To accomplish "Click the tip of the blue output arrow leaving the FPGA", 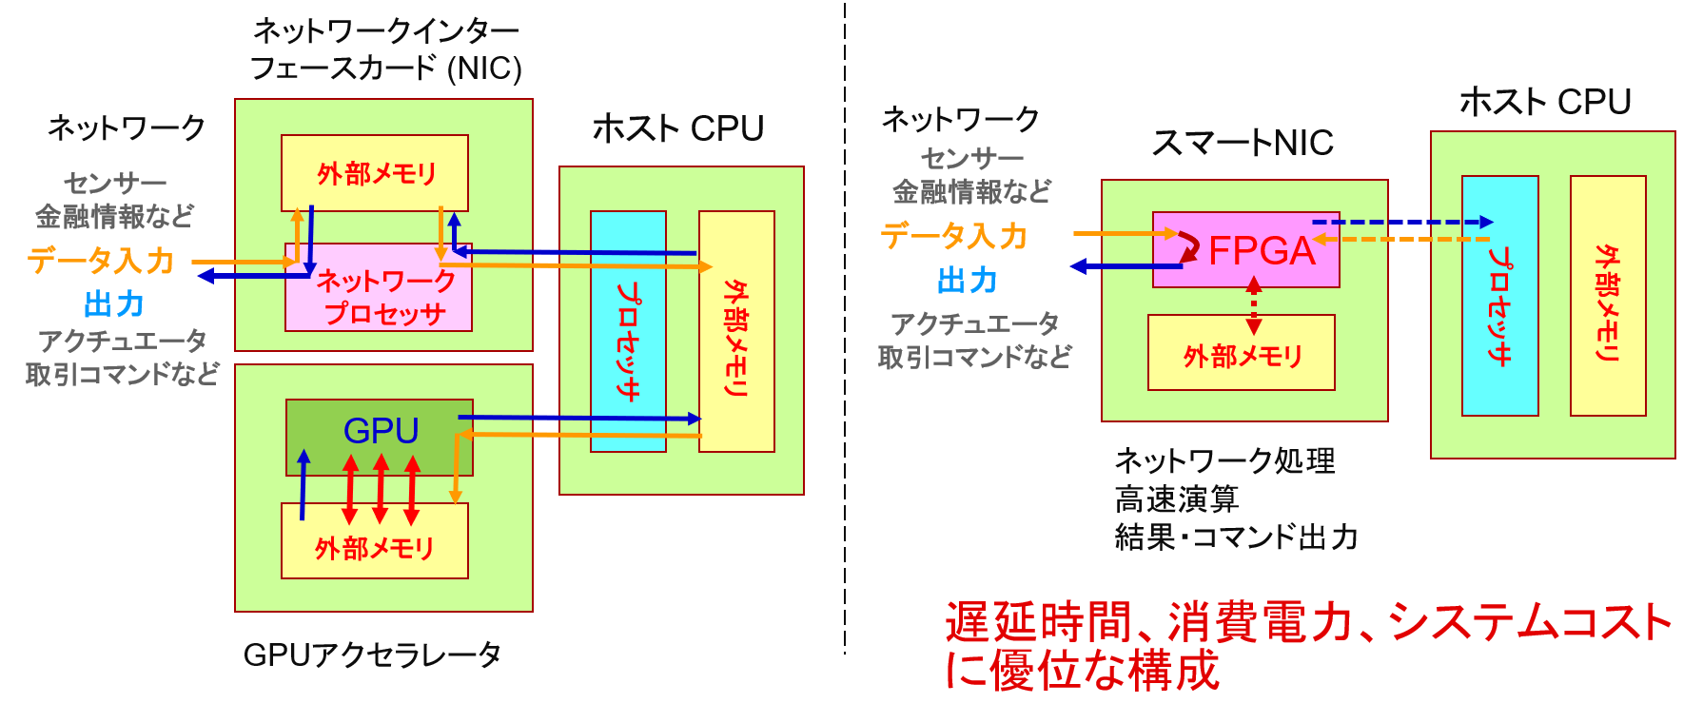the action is click(1071, 267).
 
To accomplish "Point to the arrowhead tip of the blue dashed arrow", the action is click(1493, 223).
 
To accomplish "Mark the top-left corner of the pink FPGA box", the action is click(1153, 212).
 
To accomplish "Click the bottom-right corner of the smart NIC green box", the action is click(1388, 421).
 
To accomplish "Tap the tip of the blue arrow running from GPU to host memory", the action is click(701, 419).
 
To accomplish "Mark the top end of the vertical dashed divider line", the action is click(845, 3).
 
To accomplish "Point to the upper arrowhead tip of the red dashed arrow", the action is click(1254, 277).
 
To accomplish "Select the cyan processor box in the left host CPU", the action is click(628, 331).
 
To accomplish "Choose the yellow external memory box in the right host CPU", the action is click(1608, 296).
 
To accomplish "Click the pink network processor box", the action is click(379, 288).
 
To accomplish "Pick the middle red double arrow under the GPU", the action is click(381, 489).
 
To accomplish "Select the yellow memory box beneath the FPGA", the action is click(1242, 353).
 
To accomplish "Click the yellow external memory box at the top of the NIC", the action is click(375, 173).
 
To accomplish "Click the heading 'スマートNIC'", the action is click(1243, 143).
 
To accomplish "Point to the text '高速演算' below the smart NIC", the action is click(1177, 498).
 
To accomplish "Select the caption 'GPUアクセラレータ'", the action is click(372, 655).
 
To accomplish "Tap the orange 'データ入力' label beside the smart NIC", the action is click(953, 235).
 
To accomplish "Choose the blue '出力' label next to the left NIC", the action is click(114, 304).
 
